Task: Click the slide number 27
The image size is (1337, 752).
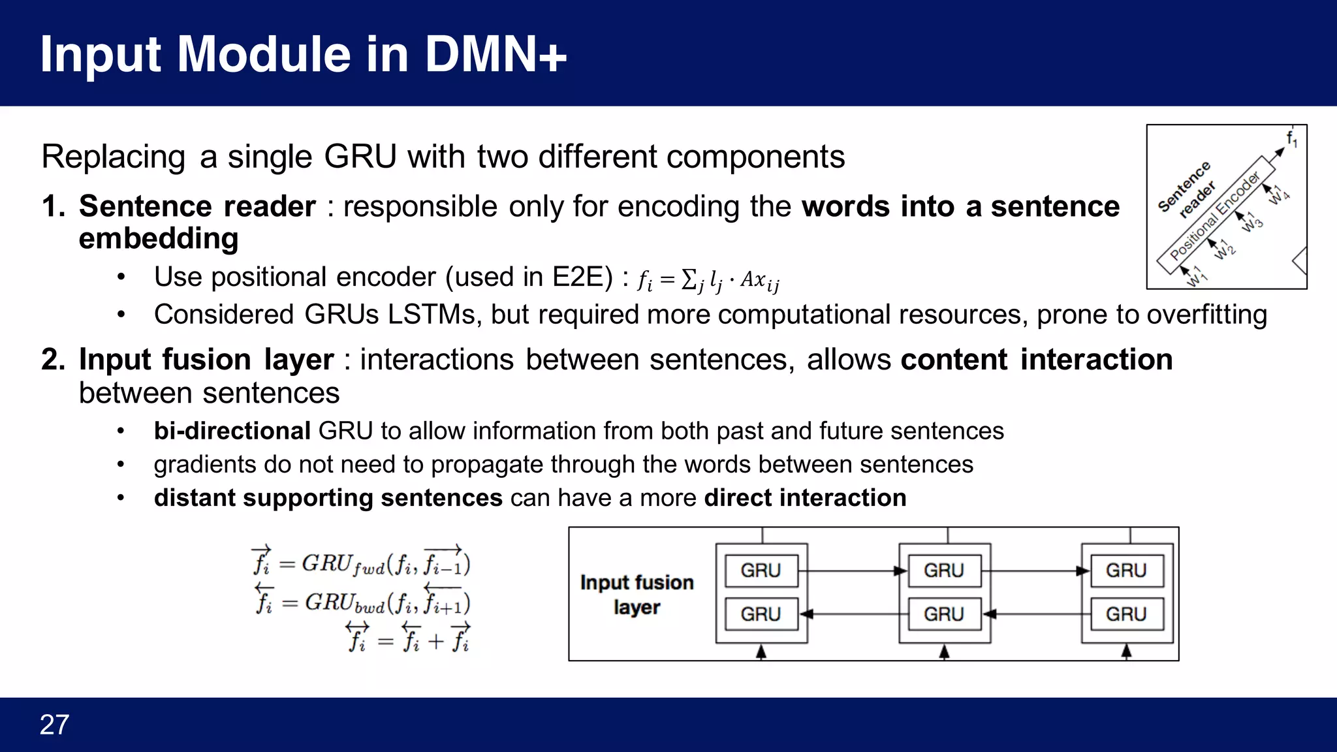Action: click(x=54, y=725)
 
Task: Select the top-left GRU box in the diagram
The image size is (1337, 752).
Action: click(x=761, y=571)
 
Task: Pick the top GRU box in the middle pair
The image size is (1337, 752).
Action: click(x=943, y=571)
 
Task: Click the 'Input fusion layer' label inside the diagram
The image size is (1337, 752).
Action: click(x=637, y=594)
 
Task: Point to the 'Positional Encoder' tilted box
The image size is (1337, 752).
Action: click(x=1216, y=215)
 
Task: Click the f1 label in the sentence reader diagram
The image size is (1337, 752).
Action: click(x=1291, y=138)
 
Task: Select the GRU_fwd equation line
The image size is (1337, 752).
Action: click(x=362, y=563)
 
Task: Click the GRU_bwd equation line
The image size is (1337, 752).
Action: click(x=363, y=601)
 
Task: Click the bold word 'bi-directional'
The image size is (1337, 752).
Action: click(x=232, y=431)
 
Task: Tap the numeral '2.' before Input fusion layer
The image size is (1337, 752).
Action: click(x=54, y=360)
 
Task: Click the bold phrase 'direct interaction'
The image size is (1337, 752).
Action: click(x=805, y=497)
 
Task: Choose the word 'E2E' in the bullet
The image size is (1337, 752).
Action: click(x=577, y=277)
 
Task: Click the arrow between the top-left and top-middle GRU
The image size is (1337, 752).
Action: click(x=852, y=571)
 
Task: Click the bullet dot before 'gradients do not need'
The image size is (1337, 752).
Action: click(x=121, y=464)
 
